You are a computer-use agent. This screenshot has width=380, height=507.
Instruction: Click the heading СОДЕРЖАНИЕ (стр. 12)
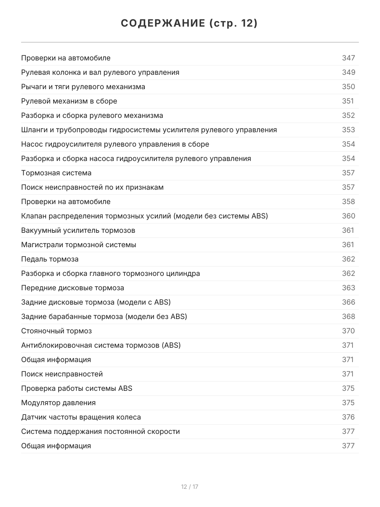(190, 24)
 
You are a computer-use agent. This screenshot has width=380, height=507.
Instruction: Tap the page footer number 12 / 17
(190, 487)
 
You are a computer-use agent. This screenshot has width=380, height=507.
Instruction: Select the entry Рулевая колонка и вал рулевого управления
(100, 72)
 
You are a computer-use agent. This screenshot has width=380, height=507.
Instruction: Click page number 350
(348, 87)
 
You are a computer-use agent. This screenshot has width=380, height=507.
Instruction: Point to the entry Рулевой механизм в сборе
(69, 101)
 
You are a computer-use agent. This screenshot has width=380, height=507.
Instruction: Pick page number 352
(348, 115)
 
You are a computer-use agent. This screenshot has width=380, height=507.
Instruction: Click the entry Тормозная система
(56, 173)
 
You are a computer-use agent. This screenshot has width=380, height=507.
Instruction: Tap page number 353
(348, 130)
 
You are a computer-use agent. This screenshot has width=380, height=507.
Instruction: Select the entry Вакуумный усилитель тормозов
(78, 230)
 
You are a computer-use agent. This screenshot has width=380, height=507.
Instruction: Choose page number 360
(348, 216)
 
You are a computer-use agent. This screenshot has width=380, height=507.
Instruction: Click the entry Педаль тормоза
(50, 259)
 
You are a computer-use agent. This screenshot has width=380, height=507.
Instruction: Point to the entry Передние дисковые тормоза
(73, 288)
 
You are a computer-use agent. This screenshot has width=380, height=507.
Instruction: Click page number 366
(348, 302)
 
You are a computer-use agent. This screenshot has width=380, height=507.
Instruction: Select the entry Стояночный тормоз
(56, 331)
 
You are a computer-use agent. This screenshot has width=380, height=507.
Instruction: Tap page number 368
(348, 316)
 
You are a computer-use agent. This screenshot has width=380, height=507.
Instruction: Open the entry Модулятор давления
(58, 403)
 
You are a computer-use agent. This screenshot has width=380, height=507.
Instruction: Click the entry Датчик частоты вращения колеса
(81, 417)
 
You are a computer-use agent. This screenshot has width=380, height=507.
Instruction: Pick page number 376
(348, 417)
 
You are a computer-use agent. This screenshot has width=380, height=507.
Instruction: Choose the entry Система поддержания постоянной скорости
(100, 431)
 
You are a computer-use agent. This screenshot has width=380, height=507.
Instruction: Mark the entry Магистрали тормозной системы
(79, 245)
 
